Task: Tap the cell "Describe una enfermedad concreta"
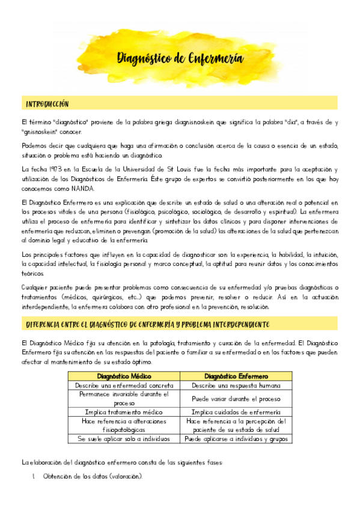tap(124, 385)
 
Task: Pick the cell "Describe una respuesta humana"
tap(236, 385)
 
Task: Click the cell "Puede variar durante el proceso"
tap(236, 399)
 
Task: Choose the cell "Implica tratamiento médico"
tap(124, 412)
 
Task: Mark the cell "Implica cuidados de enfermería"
tap(236, 412)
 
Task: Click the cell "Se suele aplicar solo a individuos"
tap(124, 439)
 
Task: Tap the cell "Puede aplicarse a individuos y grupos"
tap(236, 439)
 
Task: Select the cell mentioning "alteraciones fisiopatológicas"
tap(124, 426)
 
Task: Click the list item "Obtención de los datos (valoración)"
tap(93, 476)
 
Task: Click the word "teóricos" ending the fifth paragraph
tap(33, 272)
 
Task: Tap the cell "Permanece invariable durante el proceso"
tap(124, 399)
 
